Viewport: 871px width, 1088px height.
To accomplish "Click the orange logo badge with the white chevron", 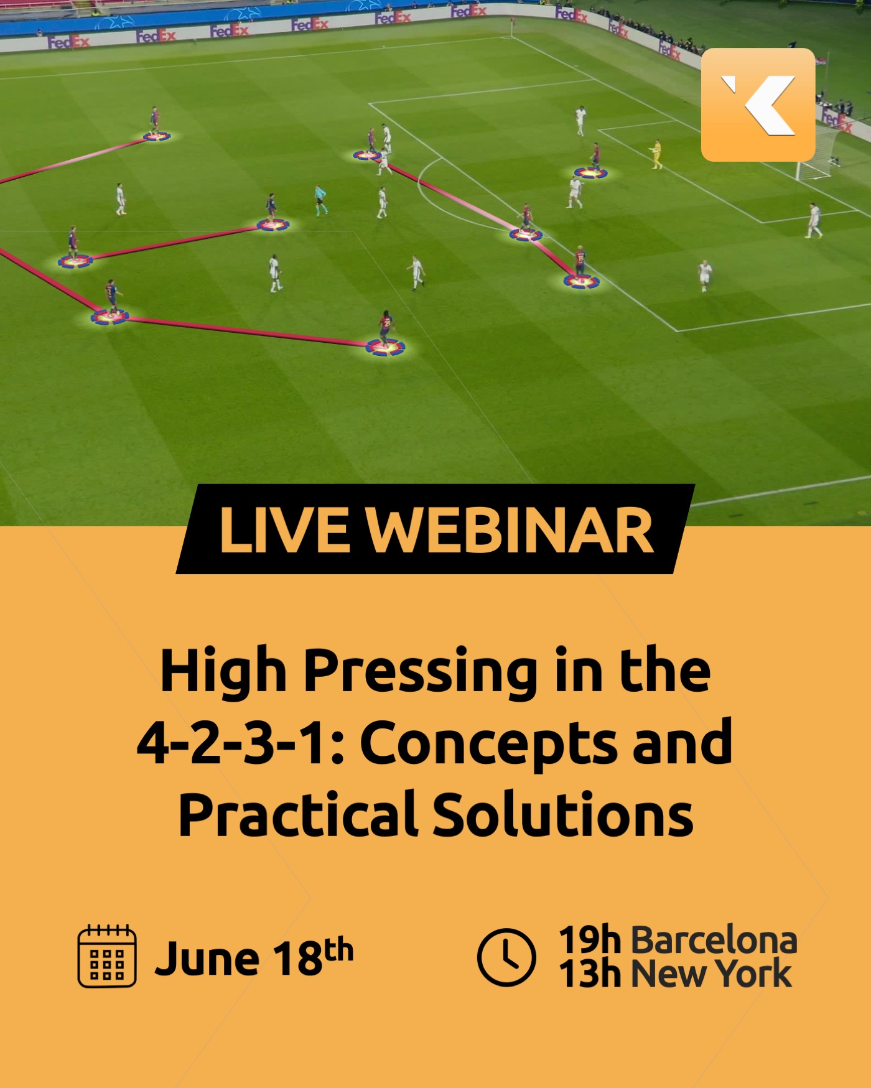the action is coord(758,105).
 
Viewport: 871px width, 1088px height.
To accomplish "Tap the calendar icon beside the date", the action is coord(107,956).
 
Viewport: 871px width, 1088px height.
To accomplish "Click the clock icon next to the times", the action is coord(506,957).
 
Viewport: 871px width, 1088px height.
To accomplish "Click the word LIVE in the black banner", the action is coord(284,530).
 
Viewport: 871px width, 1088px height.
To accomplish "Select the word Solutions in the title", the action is coord(562,814).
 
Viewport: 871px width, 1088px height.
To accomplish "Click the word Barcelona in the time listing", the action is coord(714,940).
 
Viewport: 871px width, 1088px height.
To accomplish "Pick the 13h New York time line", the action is coord(676,974).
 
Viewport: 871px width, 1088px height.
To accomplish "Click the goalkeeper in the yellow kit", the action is coord(656,154).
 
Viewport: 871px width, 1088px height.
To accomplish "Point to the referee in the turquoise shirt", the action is coord(320,200).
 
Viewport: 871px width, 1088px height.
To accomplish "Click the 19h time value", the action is coord(590,940).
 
